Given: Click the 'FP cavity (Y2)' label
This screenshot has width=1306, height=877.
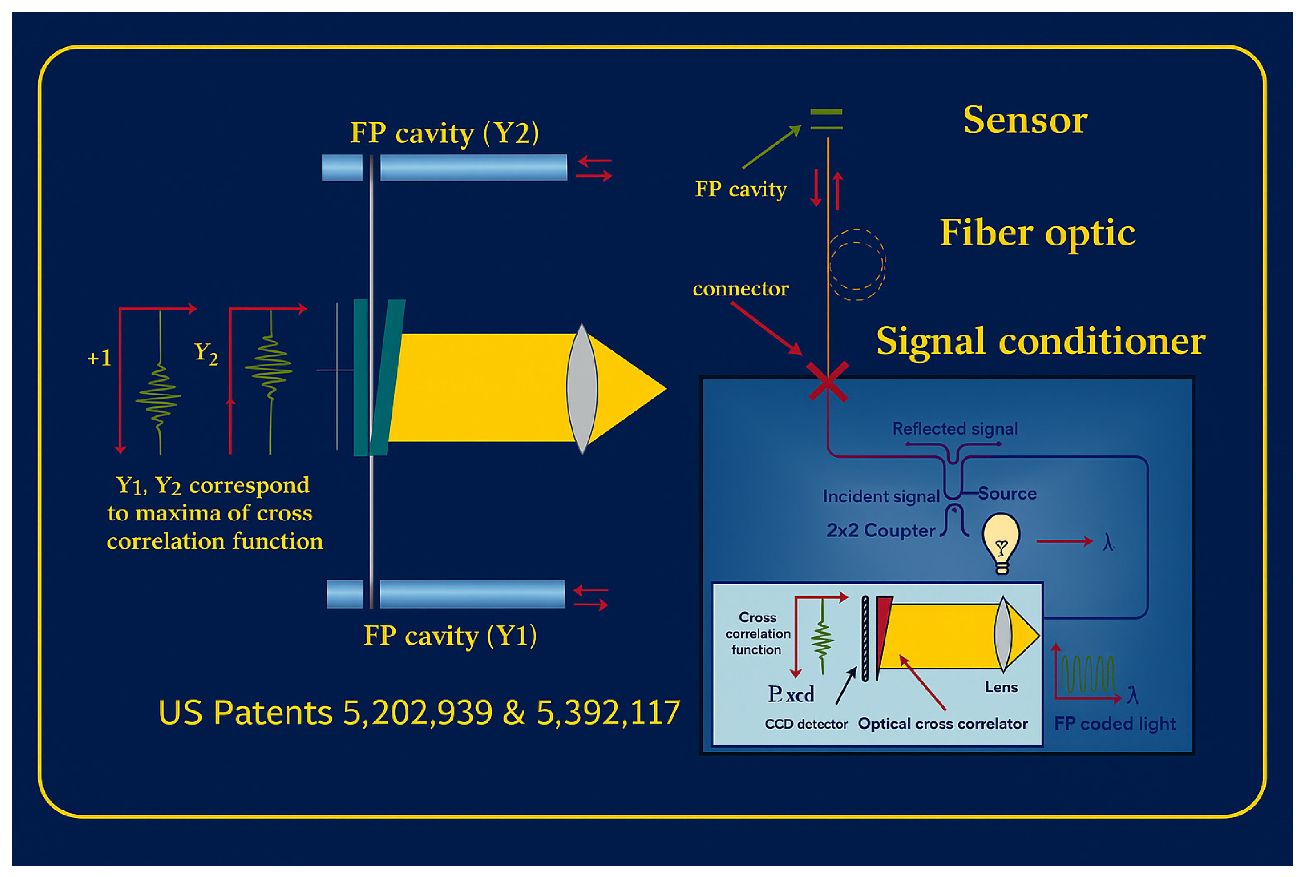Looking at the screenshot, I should coord(444,133).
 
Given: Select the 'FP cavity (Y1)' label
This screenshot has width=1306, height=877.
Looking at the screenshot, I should coord(450,636).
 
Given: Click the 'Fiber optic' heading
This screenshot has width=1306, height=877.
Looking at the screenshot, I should coord(1037,233).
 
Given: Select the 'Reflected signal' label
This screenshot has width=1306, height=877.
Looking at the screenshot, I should coord(954,429).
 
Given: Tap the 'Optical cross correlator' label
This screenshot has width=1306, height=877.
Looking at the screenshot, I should coord(942,724).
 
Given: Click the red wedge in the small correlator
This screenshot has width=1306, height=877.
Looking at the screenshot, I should coord(883,627).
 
